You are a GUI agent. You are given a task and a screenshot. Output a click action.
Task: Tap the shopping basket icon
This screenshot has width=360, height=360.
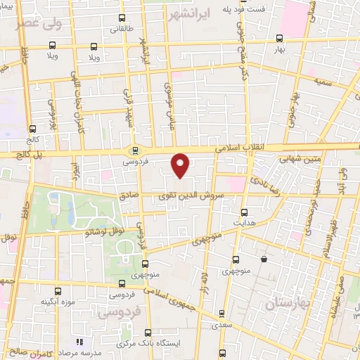pos(264,259)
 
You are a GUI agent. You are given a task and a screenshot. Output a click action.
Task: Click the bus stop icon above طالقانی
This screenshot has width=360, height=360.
pos(123,18)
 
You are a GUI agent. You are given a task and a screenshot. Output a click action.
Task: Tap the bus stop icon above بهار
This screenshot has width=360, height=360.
pos(280,39)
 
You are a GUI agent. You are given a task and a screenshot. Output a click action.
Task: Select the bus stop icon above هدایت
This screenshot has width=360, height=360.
pos(245,212)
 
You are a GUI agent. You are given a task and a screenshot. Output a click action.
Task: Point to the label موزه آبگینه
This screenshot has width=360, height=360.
pos(58,302)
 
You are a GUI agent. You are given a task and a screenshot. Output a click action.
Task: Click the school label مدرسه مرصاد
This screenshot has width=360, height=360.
pos(79,351)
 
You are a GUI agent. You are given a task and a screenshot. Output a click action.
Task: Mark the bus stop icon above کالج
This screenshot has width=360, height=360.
pos(33,129)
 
